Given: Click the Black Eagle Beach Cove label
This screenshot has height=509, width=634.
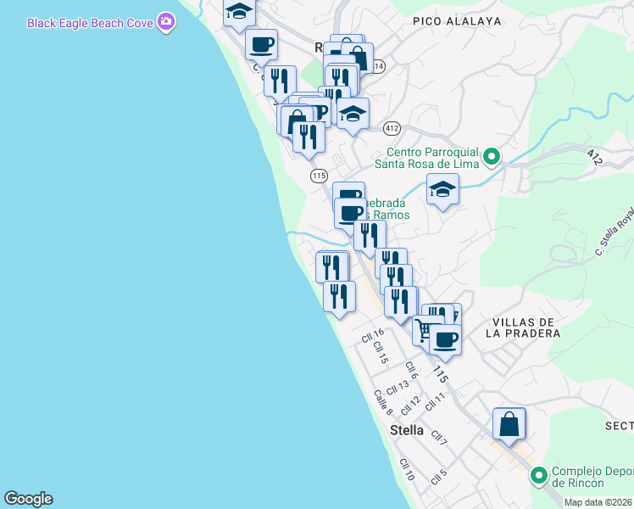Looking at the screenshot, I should (90, 23).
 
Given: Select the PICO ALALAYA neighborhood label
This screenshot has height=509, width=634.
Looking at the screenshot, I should (457, 20).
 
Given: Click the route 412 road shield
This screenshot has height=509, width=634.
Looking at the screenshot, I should (391, 128).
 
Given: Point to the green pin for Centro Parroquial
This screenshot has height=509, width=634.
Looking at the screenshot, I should (491, 156).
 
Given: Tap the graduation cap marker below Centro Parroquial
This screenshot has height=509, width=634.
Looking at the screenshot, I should (442, 191).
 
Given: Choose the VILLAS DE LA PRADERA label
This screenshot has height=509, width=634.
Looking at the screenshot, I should (522, 327).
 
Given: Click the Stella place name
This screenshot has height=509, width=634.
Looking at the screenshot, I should (407, 430).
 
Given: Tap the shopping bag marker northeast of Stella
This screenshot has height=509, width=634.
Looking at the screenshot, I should (509, 424).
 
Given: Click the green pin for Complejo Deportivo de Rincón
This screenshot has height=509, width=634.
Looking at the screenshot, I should (537, 475).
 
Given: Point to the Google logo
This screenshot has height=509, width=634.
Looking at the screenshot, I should (28, 499).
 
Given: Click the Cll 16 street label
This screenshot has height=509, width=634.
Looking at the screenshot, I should (372, 337).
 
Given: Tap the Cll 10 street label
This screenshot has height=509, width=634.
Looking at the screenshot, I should (407, 470).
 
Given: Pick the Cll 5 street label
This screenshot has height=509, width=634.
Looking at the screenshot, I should (438, 476).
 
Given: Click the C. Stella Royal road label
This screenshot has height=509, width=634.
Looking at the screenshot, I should (615, 232).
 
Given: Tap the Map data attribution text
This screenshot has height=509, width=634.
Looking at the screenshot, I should (598, 502).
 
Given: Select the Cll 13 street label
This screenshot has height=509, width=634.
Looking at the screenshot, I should (397, 387).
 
